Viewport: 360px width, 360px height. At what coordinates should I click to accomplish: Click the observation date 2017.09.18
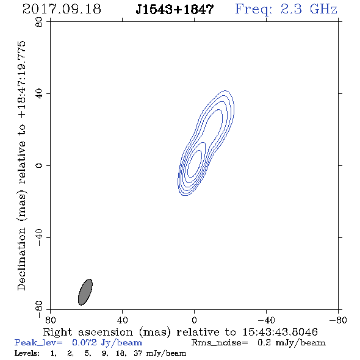click(62, 9)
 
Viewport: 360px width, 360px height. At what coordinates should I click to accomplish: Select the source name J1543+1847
click(175, 9)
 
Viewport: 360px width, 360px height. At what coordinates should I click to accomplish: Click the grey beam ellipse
click(85, 292)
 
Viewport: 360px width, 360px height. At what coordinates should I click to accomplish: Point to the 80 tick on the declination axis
click(39, 22)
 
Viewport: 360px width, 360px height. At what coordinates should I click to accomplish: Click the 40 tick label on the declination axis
click(39, 94)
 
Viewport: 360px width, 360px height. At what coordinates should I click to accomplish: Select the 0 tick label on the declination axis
click(39, 165)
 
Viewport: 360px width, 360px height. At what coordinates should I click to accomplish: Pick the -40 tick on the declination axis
click(39, 237)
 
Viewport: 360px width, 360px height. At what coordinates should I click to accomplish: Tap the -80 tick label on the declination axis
click(39, 309)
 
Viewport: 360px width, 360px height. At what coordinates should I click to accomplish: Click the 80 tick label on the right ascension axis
click(50, 320)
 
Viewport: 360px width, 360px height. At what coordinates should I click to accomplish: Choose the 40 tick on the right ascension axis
click(122, 320)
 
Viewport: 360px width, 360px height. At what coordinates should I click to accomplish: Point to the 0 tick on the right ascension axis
click(194, 320)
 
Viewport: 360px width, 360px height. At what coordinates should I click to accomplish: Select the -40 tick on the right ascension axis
click(266, 320)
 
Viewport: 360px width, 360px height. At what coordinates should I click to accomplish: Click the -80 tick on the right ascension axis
click(338, 320)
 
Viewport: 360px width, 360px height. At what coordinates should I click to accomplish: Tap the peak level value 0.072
click(84, 342)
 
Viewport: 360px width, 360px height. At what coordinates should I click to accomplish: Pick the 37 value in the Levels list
click(139, 353)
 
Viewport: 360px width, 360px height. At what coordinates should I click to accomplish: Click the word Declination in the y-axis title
click(21, 259)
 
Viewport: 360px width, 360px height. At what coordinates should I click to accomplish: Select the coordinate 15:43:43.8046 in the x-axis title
click(280, 332)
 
